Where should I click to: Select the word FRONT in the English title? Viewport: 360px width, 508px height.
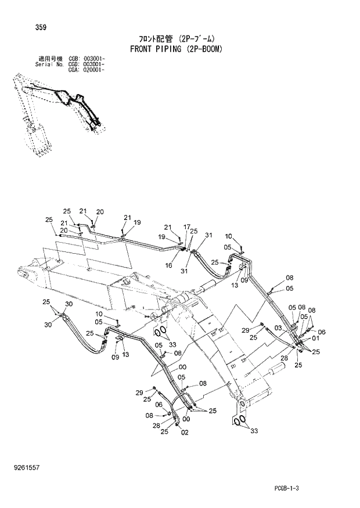click(x=138, y=49)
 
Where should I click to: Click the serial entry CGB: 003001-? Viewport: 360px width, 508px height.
click(x=86, y=59)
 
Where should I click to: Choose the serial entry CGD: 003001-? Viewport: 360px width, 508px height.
click(x=86, y=64)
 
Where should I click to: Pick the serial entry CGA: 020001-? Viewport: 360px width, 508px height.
click(x=86, y=70)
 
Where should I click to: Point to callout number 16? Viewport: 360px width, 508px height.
click(x=168, y=248)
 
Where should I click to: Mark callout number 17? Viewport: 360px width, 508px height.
click(x=186, y=226)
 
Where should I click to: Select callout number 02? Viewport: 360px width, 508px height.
click(x=185, y=432)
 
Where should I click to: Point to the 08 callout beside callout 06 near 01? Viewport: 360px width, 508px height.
click(x=312, y=311)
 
